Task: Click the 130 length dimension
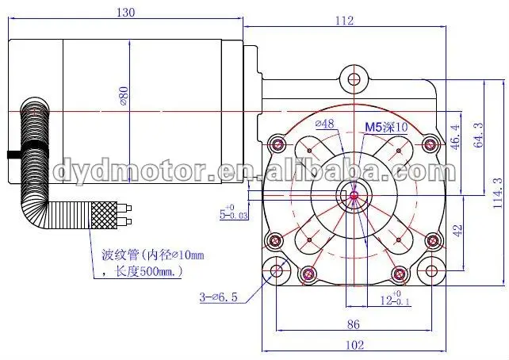point(125,12)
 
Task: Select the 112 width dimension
point(343,21)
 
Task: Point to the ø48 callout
point(324,124)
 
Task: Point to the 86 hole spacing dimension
point(354,324)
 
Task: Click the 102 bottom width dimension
point(354,344)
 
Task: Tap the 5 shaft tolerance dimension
point(233,213)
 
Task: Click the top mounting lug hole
point(354,79)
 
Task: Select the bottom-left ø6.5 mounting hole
point(277,272)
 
